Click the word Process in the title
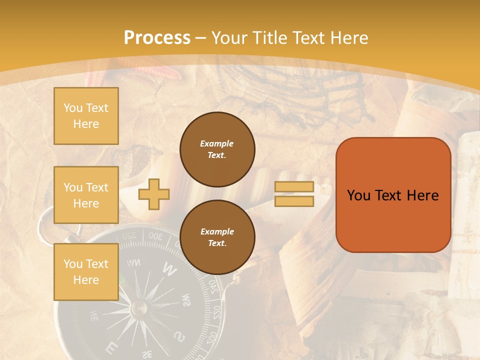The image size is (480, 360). tap(157, 38)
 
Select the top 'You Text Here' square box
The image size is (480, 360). tap(86, 116)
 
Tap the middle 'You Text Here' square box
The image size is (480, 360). tap(86, 195)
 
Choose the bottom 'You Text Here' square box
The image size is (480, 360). tap(86, 271)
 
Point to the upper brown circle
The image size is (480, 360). tap(217, 149)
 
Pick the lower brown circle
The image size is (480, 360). tap(217, 237)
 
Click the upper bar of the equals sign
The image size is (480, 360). tap(294, 187)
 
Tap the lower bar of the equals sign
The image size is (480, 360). tap(294, 201)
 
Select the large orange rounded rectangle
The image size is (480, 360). tap(393, 195)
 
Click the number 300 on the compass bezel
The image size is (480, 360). tap(155, 236)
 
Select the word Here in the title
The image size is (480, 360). tap(348, 38)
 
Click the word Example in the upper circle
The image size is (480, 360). tap(216, 143)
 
